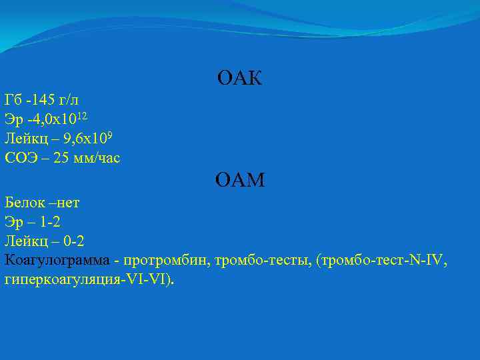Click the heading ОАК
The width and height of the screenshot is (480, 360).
click(x=239, y=79)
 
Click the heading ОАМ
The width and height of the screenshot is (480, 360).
click(x=240, y=179)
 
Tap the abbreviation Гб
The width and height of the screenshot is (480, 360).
click(x=13, y=101)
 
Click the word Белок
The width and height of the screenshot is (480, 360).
click(x=23, y=201)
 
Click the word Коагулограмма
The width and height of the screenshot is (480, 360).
click(x=57, y=260)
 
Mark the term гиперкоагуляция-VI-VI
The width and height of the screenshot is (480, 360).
click(x=87, y=279)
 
